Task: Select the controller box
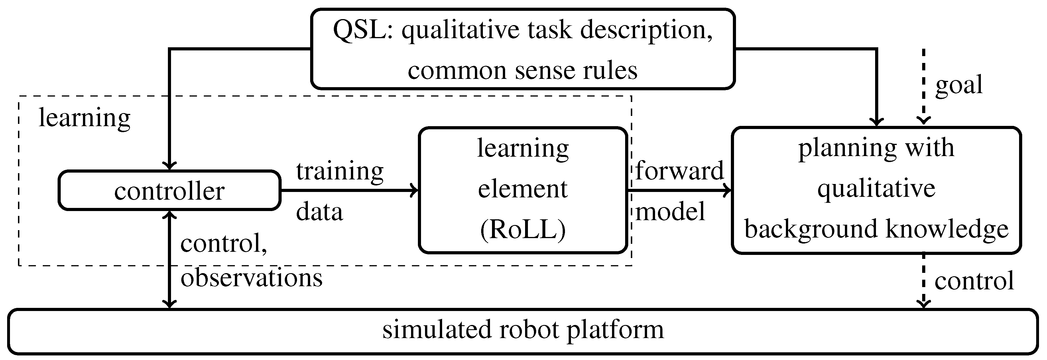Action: [170, 190]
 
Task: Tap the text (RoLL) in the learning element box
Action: [523, 230]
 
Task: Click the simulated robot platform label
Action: [523, 330]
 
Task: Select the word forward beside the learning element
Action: [679, 170]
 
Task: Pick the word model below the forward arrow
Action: [670, 212]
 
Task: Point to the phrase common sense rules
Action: [523, 71]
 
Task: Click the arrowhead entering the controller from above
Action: [170, 165]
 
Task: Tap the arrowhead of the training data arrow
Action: [414, 190]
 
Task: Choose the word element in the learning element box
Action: [523, 189]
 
